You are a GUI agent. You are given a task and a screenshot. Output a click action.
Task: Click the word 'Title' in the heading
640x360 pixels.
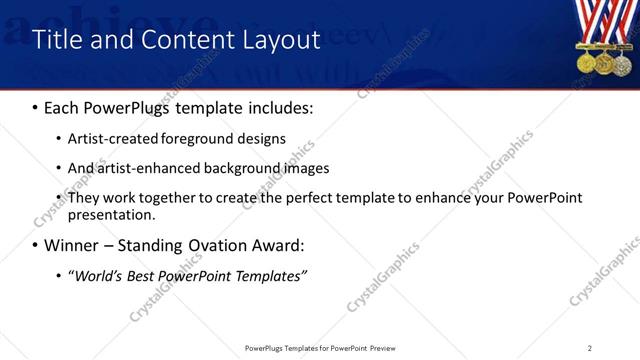point(58,40)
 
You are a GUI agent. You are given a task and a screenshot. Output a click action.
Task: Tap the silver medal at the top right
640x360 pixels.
point(623,63)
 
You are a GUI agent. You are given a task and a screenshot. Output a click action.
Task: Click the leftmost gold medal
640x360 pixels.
point(585,63)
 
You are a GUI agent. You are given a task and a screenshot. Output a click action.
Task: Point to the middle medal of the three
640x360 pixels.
point(604,63)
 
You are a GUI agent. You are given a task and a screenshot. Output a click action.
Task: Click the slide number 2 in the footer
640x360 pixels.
point(589,347)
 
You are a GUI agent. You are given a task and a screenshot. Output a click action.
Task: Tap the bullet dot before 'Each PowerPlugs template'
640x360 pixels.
point(36,107)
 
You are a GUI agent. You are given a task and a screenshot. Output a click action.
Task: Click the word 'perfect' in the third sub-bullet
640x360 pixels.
point(305,197)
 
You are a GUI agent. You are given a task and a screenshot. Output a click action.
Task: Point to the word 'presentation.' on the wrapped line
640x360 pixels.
point(112,214)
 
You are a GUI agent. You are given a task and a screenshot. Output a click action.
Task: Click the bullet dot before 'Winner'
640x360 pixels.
point(36,246)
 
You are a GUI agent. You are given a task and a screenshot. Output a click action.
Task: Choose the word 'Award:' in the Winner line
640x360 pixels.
point(282,245)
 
